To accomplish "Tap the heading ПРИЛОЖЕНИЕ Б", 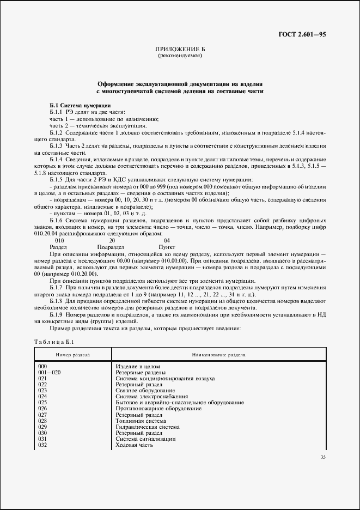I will point(180,50).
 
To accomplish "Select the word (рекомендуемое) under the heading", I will point(180,56).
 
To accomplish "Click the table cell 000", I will point(43,366).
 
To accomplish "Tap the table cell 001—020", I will point(48,372).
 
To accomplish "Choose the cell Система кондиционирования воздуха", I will point(165,378).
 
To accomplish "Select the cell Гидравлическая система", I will point(148,427).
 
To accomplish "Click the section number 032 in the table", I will point(43,445).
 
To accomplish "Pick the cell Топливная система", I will point(141,421).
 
